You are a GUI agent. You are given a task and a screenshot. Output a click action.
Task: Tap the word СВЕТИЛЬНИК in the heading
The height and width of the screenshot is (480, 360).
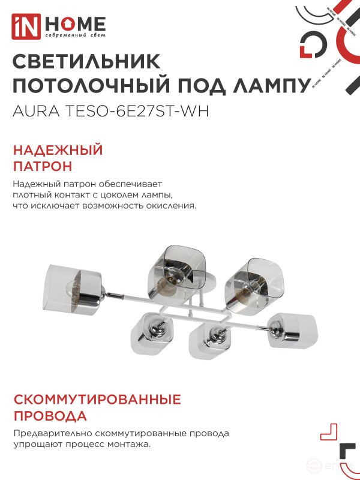(x=86, y=62)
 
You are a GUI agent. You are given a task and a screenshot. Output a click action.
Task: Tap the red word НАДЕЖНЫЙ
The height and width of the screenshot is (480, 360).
(x=58, y=150)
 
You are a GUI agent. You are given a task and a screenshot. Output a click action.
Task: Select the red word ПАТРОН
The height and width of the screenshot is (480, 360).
(x=42, y=166)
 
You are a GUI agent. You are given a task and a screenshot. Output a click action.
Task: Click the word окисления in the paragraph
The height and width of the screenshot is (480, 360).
(x=173, y=206)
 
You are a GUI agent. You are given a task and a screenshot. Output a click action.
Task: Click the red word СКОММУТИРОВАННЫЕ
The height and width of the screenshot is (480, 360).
(x=97, y=400)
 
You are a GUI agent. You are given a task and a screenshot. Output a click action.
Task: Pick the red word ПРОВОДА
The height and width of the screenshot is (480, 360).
(x=50, y=416)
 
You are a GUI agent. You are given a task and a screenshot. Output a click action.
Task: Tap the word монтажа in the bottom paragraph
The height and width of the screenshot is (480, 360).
(x=128, y=445)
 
